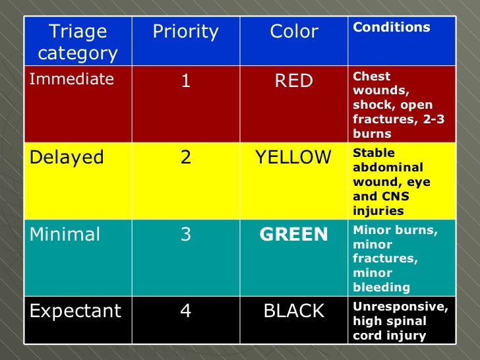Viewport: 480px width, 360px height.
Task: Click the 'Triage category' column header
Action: (78, 42)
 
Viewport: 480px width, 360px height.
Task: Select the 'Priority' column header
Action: (185, 32)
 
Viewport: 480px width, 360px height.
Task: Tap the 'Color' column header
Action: (294, 32)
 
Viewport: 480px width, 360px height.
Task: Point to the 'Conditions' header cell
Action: (392, 28)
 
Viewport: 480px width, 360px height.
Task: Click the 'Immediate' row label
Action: (71, 80)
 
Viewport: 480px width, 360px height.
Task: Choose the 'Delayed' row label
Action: (67, 158)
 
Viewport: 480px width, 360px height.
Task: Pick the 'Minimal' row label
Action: (65, 235)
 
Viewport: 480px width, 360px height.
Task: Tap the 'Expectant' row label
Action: (75, 311)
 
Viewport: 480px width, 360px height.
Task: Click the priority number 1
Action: (186, 81)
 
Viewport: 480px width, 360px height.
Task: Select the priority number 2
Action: (186, 158)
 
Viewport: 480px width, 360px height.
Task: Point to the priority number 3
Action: (186, 235)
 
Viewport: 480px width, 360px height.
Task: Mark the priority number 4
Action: (186, 311)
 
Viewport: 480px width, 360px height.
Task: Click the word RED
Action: (294, 81)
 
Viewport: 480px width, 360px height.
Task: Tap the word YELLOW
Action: (294, 158)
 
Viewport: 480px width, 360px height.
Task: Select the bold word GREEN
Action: (294, 235)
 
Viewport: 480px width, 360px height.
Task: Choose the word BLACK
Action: (294, 311)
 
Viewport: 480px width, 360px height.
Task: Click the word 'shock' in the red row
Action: (371, 105)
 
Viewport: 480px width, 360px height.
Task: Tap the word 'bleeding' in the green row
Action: (382, 287)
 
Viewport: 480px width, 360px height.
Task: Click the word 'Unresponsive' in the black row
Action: (400, 307)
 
